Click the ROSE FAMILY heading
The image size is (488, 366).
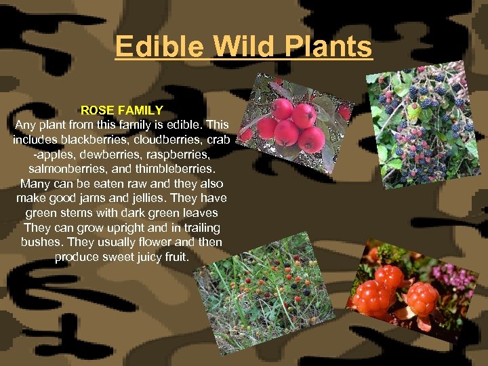coord(122,110)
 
